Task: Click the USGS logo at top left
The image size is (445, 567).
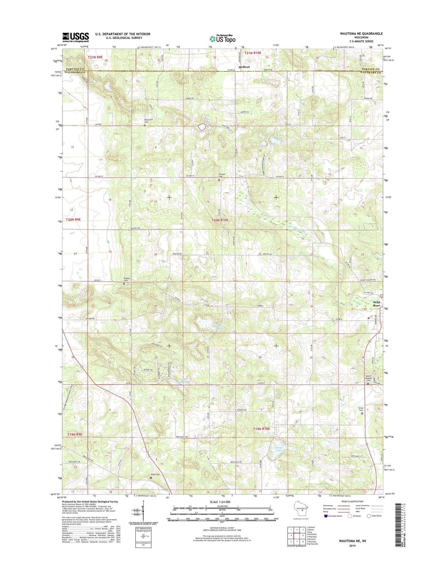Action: (x=75, y=37)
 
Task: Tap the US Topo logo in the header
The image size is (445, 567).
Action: (x=222, y=38)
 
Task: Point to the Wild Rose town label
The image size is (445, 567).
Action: (x=376, y=304)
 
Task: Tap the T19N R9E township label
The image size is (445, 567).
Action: (x=75, y=434)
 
